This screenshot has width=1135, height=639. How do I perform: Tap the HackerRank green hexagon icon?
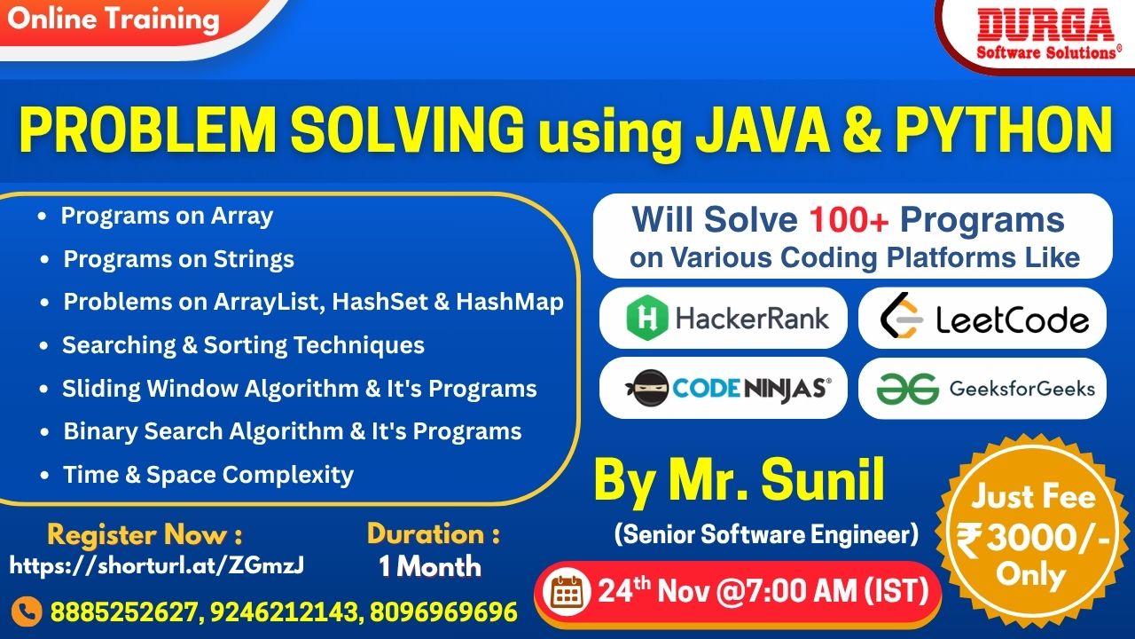coord(646,318)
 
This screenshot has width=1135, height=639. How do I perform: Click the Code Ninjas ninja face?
coord(648,388)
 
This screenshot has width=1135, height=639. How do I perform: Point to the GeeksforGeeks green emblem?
coord(907,389)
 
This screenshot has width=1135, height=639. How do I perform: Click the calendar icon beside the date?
coord(567,591)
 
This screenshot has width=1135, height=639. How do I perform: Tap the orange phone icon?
coord(27,611)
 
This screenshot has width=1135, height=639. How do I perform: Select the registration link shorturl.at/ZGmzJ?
coord(157,565)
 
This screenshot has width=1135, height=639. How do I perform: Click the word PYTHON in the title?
coord(1004,130)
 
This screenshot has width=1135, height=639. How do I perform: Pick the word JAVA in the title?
coord(762,130)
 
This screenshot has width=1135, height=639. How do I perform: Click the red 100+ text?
coord(849,220)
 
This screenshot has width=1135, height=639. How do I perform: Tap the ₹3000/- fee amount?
coord(1033,539)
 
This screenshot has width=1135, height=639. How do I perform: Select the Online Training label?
coord(113,20)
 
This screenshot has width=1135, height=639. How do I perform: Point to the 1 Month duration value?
coord(430,566)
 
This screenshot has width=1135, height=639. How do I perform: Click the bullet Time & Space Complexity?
coord(207,475)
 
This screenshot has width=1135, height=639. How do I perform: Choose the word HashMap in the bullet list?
coord(510,302)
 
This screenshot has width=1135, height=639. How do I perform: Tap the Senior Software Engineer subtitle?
coord(766,534)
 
